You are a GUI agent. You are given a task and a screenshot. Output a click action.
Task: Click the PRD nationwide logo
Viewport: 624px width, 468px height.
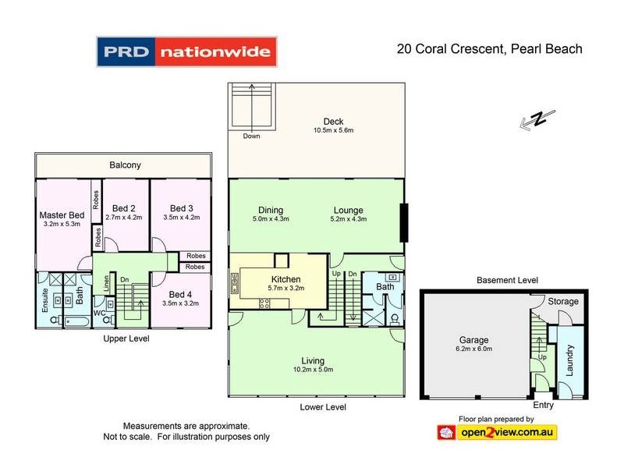coord(186,52)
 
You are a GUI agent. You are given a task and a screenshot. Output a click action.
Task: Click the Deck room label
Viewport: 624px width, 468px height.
coord(334,121)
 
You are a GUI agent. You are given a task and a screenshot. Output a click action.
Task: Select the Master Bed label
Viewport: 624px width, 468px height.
coord(62,215)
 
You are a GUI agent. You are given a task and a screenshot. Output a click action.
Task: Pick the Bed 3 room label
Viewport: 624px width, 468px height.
coord(182,208)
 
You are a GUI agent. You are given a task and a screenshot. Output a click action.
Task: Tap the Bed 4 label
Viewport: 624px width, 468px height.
coord(182,293)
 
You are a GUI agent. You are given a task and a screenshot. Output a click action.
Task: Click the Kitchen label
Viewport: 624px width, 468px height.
coord(285,278)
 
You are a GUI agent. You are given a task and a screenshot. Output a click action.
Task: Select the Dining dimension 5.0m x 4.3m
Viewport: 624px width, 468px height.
coord(270,219)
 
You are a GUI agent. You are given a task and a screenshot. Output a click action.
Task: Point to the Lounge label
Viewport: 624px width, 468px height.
coord(348,210)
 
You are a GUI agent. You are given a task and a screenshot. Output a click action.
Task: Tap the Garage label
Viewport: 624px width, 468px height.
coord(473,340)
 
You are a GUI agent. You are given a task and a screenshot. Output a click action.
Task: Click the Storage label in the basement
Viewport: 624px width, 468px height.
coord(563,301)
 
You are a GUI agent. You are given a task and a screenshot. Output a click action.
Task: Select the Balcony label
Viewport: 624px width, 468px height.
coord(125,165)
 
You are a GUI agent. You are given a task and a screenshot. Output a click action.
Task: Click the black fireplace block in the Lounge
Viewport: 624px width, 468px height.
coord(402,222)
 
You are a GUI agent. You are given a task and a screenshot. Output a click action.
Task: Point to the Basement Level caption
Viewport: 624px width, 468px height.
coord(507,280)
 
